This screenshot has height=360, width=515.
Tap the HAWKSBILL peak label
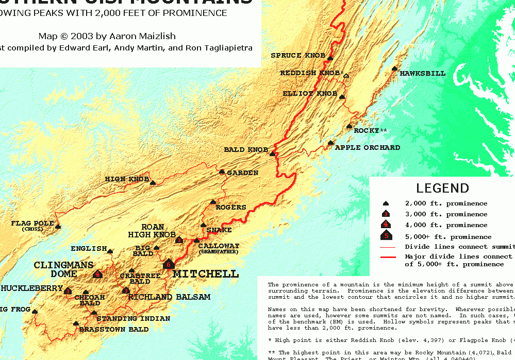[422, 74]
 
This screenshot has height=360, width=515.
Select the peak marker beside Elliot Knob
[342, 96]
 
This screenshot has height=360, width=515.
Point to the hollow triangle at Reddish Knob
[346, 76]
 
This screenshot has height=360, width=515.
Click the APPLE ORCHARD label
[367, 148]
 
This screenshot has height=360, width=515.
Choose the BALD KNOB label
[246, 150]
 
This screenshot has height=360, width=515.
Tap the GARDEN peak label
[242, 173]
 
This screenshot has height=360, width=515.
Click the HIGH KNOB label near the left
[127, 179]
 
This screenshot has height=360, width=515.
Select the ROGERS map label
[230, 208]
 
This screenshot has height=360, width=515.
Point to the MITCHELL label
[206, 274]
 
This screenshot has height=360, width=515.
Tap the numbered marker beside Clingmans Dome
[97, 274]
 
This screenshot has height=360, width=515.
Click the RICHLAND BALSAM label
[169, 297]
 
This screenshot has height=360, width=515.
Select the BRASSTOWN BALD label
[114, 330]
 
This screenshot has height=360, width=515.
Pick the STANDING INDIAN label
[133, 319]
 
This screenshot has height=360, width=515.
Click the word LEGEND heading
[442, 188]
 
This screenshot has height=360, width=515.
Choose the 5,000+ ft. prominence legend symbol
[386, 236]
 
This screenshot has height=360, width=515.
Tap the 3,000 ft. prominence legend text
[446, 214]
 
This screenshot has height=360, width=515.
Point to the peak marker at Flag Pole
[58, 226]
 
